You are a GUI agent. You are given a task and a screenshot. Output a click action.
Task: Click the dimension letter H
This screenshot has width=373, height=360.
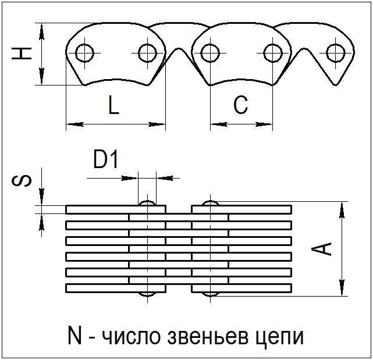pos(22,54)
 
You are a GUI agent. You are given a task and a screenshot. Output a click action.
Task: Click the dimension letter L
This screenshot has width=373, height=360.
pos(113,105)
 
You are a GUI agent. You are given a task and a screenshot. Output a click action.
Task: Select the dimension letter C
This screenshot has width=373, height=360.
pos(241,105)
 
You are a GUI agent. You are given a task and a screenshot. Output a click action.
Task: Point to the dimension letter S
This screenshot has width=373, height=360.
pos(22,181)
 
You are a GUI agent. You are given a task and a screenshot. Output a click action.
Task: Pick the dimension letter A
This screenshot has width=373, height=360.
pos(321,249)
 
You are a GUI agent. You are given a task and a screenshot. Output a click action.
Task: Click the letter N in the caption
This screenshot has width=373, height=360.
pos(74,336)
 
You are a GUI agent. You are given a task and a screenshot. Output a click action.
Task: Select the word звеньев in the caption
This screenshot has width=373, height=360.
pos(207,337)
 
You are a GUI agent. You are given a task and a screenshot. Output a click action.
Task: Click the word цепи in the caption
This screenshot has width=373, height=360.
pos(280,338)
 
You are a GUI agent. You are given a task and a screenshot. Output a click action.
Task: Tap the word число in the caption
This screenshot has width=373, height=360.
pos(131,338)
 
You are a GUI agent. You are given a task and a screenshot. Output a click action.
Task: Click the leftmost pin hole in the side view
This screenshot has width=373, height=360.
pos(85,53)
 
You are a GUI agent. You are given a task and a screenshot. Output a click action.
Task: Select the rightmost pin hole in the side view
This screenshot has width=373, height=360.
pos(336,53)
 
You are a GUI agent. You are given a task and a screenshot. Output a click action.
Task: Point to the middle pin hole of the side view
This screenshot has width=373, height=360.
pos(210,53)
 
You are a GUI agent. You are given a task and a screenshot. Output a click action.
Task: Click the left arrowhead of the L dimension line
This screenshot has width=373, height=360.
pos(74,124)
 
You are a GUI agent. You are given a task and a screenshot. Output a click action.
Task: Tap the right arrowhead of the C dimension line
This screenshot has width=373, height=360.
pos(264,124)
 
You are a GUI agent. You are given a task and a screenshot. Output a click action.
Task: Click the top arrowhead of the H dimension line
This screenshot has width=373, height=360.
pos(42,31)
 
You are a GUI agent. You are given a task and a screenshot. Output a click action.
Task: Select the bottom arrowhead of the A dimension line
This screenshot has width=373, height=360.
pos(342,287)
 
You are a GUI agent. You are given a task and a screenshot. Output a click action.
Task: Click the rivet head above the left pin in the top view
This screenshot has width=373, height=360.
pos(147,203)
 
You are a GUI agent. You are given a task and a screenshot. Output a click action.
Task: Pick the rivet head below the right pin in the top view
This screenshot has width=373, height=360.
pos(210,294)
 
